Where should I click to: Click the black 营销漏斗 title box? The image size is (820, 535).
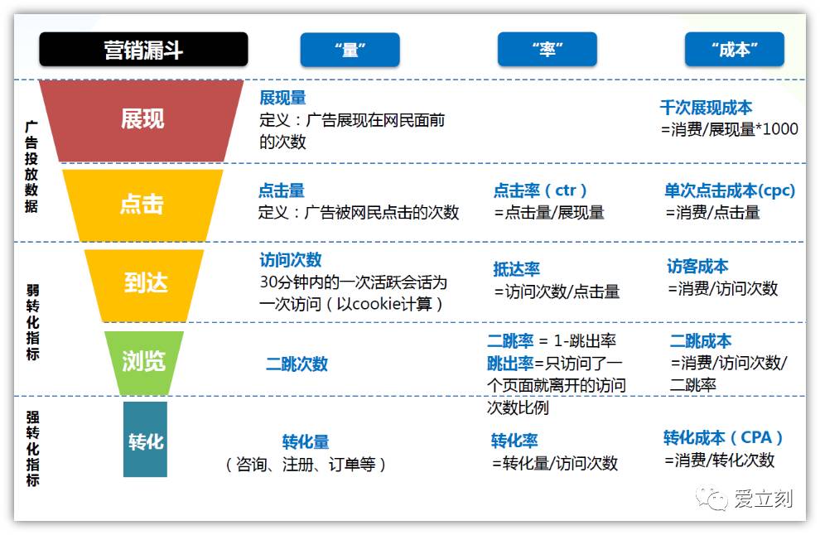point(143,50)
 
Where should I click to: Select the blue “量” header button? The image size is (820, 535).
point(350,50)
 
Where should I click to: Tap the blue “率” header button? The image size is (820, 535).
point(547,50)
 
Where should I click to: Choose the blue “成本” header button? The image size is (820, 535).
point(734,50)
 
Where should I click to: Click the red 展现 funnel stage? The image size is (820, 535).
point(142,119)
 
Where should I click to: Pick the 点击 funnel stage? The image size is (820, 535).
point(142,204)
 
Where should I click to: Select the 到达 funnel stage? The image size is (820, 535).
point(145,282)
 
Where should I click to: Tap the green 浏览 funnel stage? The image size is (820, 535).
point(144,361)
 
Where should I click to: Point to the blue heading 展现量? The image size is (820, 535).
point(282,99)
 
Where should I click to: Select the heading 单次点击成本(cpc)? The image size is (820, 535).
point(729,190)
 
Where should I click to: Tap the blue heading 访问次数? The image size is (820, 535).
point(291,260)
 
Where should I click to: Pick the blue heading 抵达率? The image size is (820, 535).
point(516,269)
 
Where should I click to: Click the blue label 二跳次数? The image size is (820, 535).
point(297,364)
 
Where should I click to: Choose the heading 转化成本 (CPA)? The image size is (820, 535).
point(723,437)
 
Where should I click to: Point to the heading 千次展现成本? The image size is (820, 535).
point(706,108)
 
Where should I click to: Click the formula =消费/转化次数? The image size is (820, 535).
point(719,460)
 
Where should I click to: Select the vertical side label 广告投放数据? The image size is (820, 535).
point(31,166)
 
